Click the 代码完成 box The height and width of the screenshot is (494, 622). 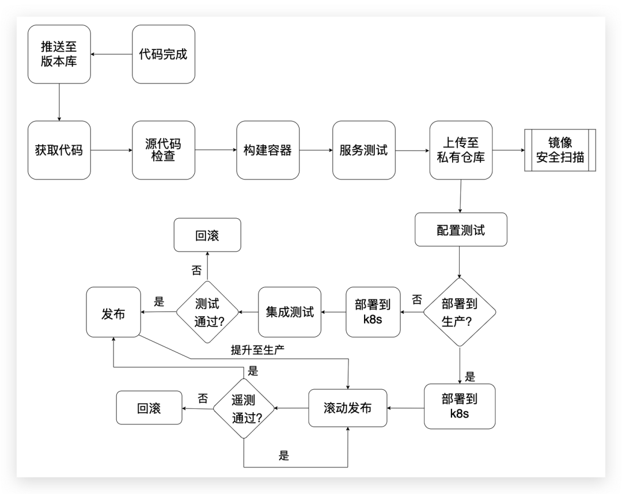(164, 54)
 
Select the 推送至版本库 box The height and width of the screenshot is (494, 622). (59, 54)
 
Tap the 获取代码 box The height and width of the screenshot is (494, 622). (59, 150)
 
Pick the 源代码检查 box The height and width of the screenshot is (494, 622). (164, 150)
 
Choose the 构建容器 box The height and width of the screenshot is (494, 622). (268, 150)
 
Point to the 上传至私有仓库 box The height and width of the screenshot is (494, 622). (461, 150)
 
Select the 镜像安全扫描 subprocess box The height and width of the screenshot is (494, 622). (560, 150)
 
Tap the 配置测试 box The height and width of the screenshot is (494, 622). (461, 230)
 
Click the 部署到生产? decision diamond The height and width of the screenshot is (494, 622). (460, 313)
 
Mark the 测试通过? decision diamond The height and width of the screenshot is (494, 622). (207, 313)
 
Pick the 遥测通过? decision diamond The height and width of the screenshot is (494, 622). (244, 409)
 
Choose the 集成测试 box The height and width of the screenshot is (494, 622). (290, 313)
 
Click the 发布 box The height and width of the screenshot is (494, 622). (113, 313)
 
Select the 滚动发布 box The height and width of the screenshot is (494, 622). (348, 409)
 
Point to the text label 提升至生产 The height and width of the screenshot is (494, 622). (257, 350)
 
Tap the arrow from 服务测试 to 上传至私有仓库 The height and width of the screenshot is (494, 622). (412, 151)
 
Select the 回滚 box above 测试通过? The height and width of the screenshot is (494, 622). (207, 235)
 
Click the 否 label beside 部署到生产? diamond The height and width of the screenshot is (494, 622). (417, 299)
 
